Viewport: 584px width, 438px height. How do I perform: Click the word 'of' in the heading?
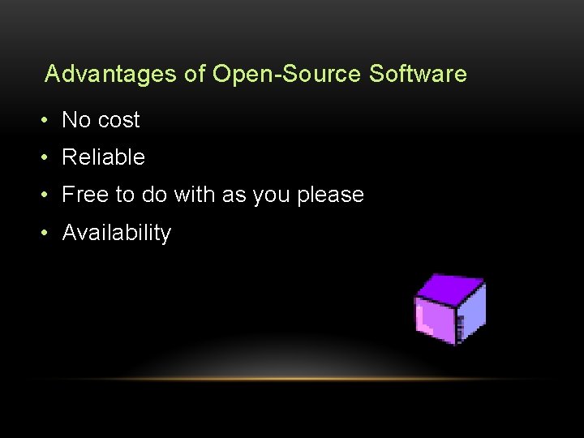(x=195, y=75)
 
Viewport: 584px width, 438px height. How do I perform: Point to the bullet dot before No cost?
(x=47, y=120)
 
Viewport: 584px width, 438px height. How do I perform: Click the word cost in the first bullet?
(x=119, y=120)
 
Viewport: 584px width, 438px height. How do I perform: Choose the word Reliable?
(x=103, y=157)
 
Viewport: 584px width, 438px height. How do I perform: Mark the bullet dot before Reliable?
(x=47, y=157)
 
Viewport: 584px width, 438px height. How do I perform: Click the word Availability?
(x=117, y=233)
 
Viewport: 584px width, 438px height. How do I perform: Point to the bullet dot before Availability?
(x=47, y=233)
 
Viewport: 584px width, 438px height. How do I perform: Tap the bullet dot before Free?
(x=47, y=195)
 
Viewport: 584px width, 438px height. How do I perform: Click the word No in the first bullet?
(x=76, y=120)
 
